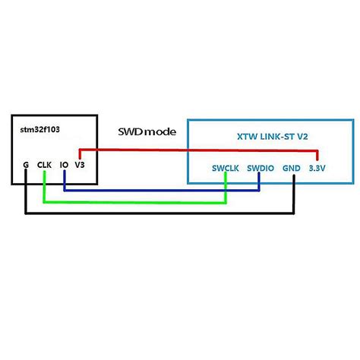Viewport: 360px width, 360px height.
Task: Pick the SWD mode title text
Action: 147,131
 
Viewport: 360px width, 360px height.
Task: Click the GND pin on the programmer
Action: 291,168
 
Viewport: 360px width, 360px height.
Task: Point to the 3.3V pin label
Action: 317,168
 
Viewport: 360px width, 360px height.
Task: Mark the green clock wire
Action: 137,202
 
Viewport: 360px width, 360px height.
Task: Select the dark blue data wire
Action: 159,189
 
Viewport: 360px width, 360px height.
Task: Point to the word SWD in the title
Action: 130,131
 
